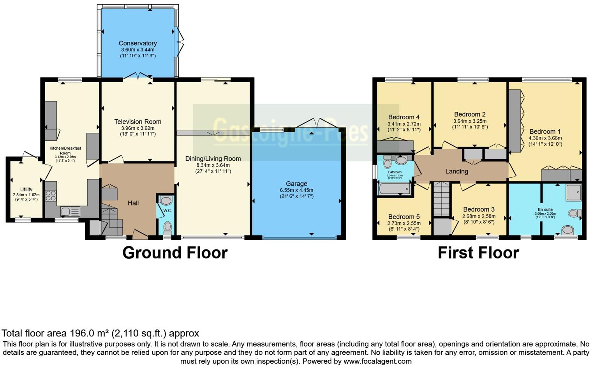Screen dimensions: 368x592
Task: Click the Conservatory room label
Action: tap(137, 43)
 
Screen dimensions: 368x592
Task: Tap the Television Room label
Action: tap(137, 122)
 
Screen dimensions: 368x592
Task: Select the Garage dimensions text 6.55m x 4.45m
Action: tap(296, 190)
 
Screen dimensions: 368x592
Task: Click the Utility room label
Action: tap(26, 189)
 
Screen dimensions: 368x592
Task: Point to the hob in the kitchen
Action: tap(51, 195)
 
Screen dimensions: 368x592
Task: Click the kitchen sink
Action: tap(65, 212)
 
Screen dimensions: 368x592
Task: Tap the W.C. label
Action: tap(167, 211)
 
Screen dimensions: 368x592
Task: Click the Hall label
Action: tap(133, 203)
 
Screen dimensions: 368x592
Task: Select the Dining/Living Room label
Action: tap(213, 159)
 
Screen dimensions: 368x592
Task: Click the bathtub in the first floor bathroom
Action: tap(394, 189)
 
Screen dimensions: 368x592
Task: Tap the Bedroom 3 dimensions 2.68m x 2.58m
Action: tap(479, 216)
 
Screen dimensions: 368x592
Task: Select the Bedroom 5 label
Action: tap(404, 217)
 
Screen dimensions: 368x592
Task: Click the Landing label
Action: tap(456, 172)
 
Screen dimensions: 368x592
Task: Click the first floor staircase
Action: tap(441, 199)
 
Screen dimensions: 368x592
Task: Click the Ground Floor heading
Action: tap(175, 253)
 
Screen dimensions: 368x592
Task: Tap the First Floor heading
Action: tap(478, 253)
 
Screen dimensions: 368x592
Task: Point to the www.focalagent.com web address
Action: tap(377, 361)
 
